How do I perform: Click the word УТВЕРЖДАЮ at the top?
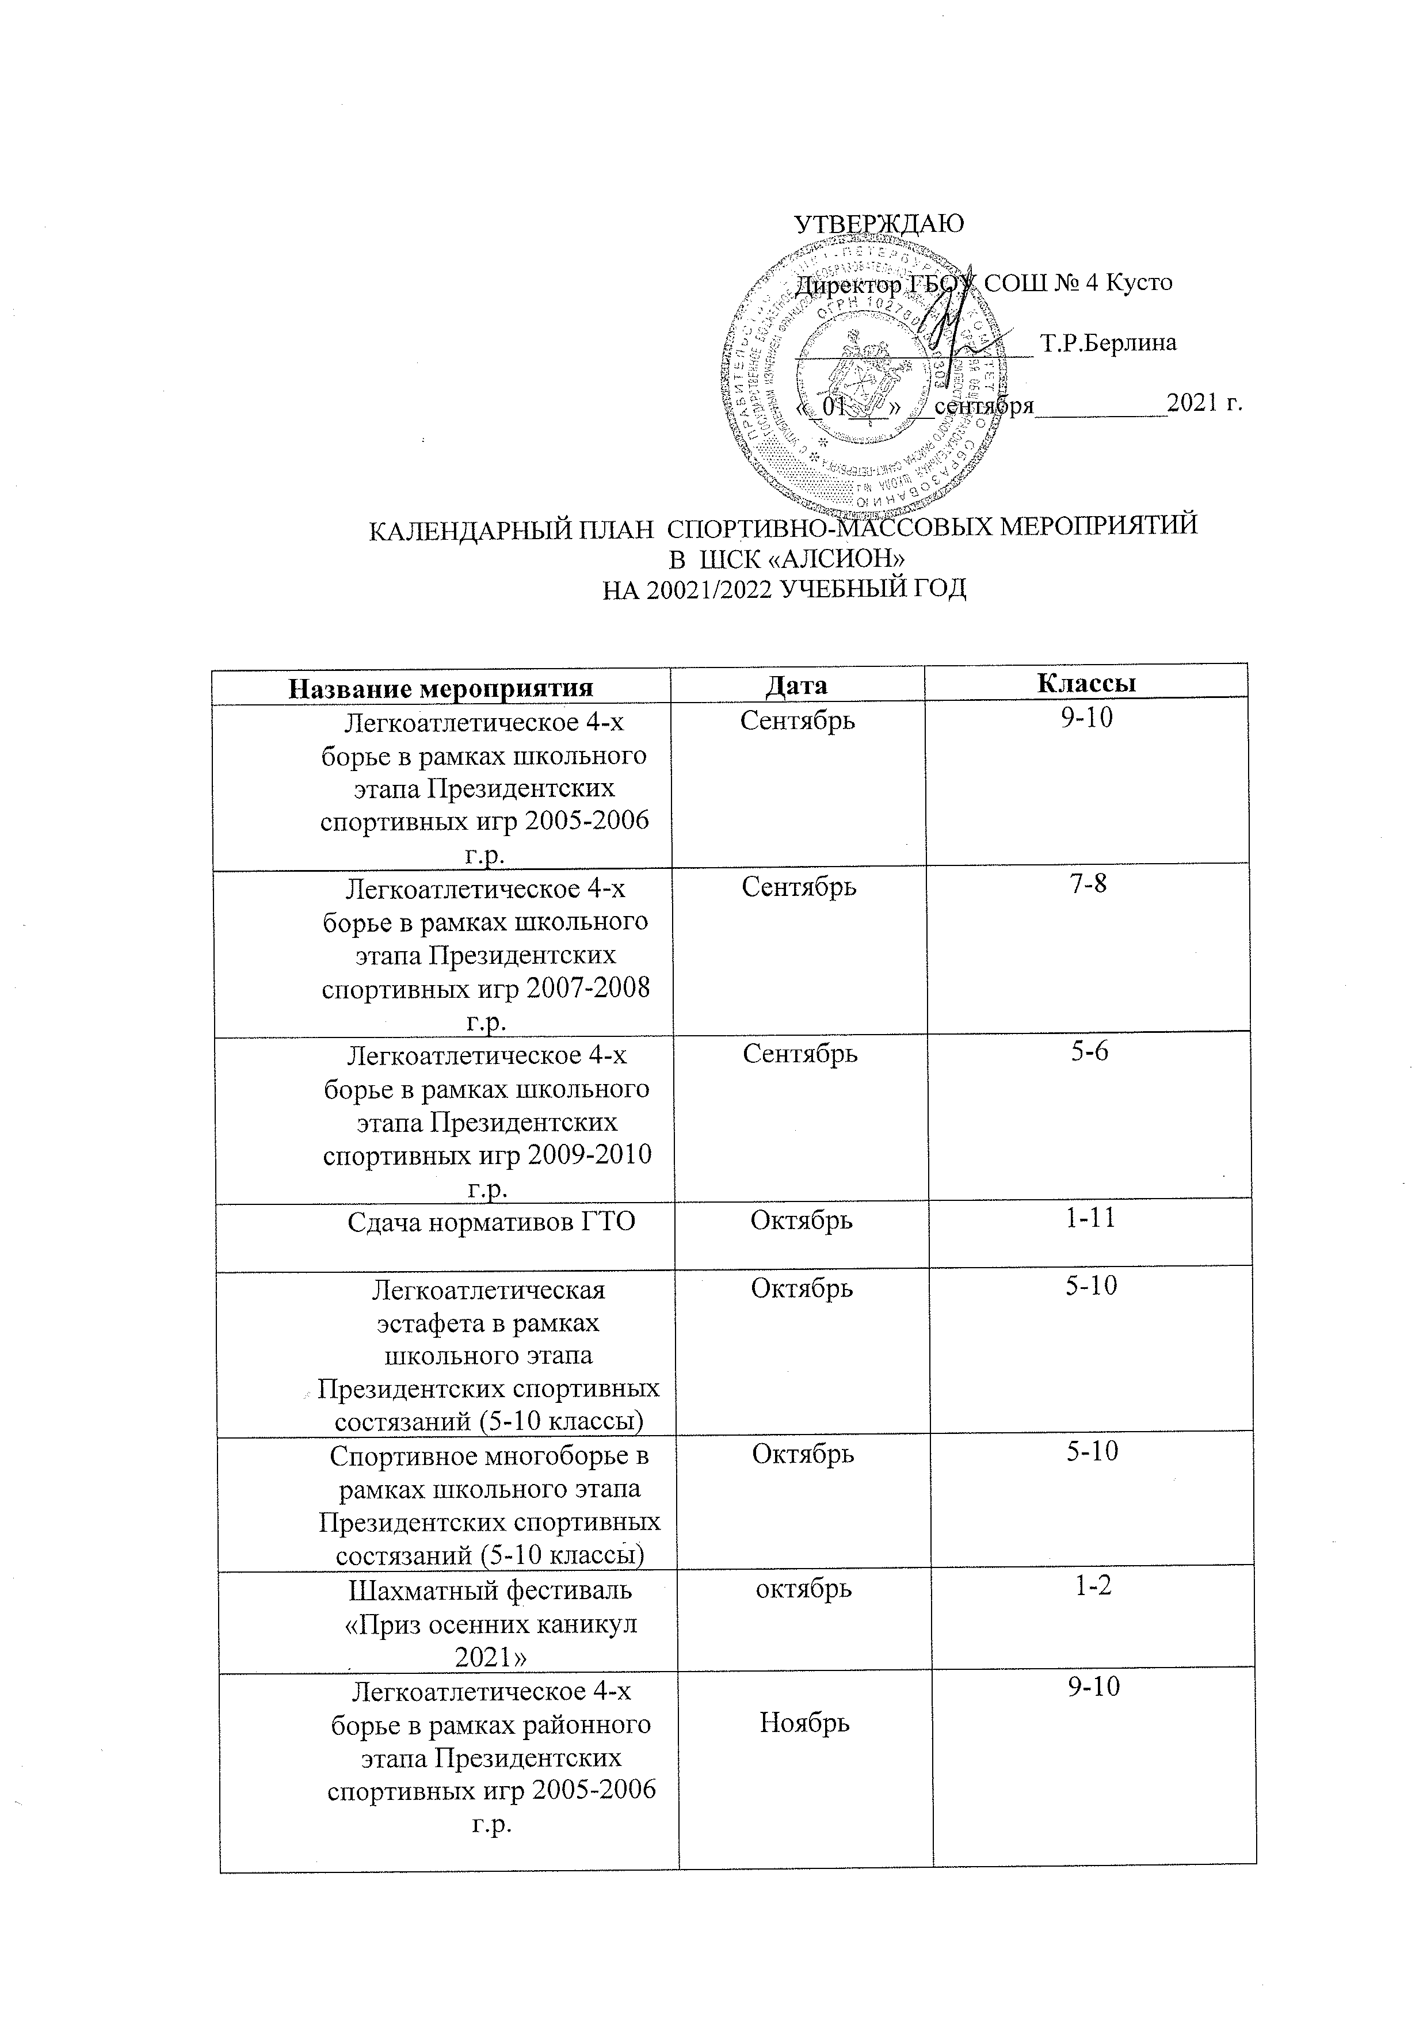tap(879, 224)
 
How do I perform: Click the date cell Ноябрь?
tap(804, 1725)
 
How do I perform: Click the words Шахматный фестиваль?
tap(490, 1590)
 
